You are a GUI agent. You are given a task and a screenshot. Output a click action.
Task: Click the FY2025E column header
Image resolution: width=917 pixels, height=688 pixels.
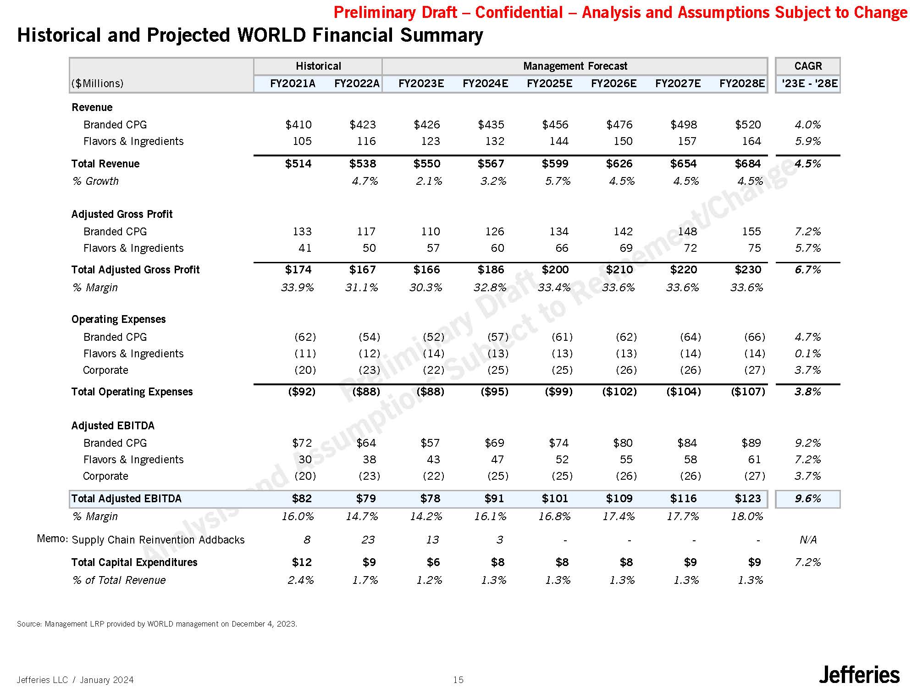pyautogui.click(x=549, y=83)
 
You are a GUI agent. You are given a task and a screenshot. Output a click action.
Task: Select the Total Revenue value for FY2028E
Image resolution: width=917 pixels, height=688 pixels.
pyautogui.click(x=748, y=164)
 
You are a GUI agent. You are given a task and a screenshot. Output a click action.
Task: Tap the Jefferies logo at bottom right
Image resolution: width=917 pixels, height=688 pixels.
pyautogui.click(x=859, y=675)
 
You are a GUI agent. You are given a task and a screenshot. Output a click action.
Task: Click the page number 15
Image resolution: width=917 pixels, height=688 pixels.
pyautogui.click(x=458, y=680)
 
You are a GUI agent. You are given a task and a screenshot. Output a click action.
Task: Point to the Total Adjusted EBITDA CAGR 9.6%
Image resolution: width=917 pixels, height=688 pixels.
pyautogui.click(x=807, y=499)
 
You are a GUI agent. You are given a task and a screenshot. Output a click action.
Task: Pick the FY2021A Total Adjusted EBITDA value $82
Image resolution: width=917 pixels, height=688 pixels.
pyautogui.click(x=302, y=499)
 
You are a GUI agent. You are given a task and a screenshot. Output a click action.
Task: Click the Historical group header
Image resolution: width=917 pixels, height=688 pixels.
pyautogui.click(x=318, y=66)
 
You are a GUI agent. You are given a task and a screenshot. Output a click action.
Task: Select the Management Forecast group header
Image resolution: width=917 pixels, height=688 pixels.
pyautogui.click(x=575, y=66)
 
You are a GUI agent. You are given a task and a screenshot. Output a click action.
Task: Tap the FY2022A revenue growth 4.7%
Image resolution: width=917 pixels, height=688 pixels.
pyautogui.click(x=365, y=181)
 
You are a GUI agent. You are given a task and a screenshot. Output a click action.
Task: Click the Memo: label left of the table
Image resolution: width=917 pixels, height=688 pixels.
pyautogui.click(x=52, y=538)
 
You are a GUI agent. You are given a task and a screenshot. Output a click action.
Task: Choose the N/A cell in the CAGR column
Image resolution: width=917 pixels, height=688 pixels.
pyautogui.click(x=807, y=540)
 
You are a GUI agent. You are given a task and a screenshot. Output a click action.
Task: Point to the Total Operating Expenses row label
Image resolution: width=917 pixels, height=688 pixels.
pyautogui.click(x=132, y=392)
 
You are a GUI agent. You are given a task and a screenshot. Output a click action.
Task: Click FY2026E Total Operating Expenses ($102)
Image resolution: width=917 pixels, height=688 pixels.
pyautogui.click(x=619, y=392)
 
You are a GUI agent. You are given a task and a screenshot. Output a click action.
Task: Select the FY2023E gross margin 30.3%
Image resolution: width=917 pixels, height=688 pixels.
pyautogui.click(x=426, y=288)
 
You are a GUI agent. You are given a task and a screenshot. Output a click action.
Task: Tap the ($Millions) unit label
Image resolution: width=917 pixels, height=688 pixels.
pyautogui.click(x=98, y=83)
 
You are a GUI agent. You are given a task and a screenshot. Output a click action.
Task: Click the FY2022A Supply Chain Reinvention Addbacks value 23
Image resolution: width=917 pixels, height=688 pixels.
pyautogui.click(x=368, y=540)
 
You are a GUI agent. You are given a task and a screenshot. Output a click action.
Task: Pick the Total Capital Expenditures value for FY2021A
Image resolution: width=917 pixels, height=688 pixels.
pyautogui.click(x=302, y=562)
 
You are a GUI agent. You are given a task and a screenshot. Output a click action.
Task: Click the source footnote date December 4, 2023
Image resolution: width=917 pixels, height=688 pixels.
pyautogui.click(x=264, y=624)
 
